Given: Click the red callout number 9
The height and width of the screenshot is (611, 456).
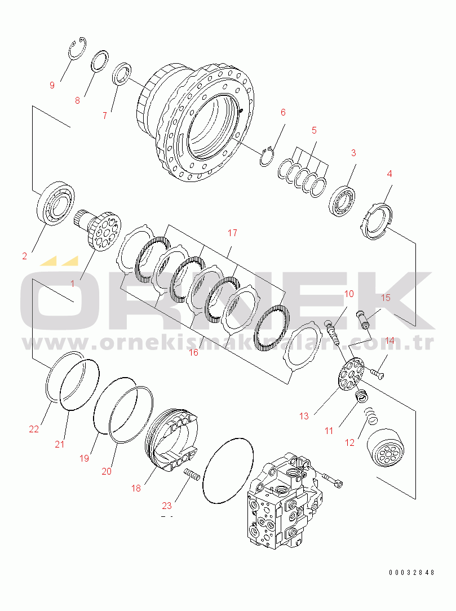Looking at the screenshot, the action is coord(52,85).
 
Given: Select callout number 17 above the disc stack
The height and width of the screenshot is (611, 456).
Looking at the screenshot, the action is coord(232,233).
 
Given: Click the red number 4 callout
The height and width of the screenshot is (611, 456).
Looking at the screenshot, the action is coord(389,174).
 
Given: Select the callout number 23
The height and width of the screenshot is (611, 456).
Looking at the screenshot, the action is coord(167,506).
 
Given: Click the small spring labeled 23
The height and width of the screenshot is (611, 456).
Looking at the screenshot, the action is coord(192,474).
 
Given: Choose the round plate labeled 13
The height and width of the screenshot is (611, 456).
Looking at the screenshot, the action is coord(351,374).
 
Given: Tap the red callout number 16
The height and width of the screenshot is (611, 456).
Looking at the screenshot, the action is coord(194,353).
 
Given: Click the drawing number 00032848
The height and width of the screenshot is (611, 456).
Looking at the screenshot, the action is coord(411,573).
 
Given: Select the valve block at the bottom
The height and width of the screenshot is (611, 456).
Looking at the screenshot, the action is coord(285,501).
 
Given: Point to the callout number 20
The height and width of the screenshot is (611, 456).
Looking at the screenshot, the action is coord(107,471).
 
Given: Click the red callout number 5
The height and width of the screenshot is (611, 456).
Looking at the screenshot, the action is coord(314,130).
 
